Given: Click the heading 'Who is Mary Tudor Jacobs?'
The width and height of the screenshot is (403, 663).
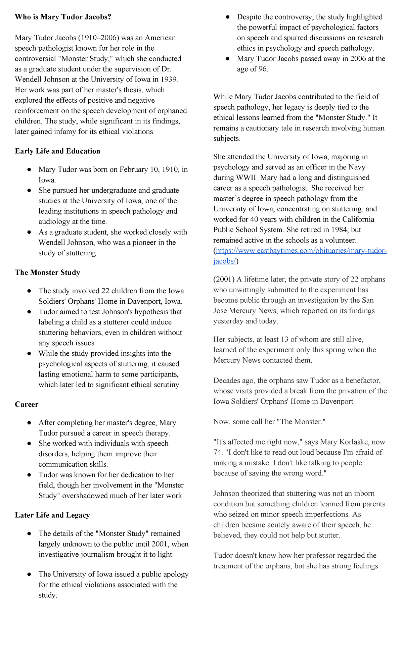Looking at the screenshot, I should click(x=63, y=17).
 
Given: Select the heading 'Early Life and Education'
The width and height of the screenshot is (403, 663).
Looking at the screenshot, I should click(x=57, y=151).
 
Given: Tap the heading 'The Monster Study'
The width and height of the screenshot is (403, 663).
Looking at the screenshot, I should click(x=47, y=272).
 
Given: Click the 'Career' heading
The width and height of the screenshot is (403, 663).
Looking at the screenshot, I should click(x=27, y=404).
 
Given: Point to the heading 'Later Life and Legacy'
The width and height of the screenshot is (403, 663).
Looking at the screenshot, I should click(x=52, y=515).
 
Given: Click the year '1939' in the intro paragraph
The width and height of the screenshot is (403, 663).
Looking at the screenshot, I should click(x=169, y=80).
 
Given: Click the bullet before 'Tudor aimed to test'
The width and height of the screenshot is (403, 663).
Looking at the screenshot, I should click(x=30, y=312).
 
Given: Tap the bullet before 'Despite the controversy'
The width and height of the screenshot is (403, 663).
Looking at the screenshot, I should click(x=228, y=17).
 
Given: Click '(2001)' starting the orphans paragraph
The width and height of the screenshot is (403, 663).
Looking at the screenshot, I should click(x=224, y=279).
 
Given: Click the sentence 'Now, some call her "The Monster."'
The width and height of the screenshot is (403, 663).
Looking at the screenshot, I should click(x=269, y=422).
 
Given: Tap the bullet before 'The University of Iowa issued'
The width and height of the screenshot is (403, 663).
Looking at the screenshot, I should click(x=30, y=574).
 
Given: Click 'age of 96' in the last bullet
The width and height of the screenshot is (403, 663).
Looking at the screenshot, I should click(x=252, y=69).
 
